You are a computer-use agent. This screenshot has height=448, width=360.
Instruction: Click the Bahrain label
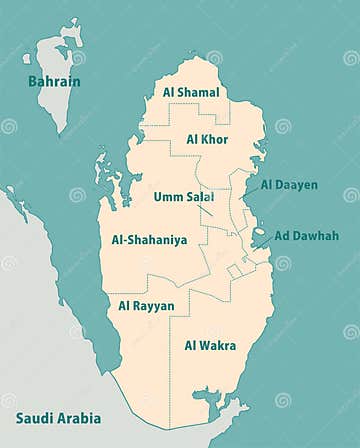[x=53, y=81]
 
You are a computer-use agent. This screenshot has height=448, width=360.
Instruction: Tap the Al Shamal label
[x=191, y=92]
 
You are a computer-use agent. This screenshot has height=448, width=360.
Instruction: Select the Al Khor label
[x=207, y=139]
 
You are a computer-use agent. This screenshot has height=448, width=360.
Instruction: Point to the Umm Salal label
[x=184, y=197]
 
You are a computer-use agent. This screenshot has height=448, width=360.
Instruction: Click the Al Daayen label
[x=290, y=185]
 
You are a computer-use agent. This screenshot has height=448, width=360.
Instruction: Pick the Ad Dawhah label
[x=307, y=236]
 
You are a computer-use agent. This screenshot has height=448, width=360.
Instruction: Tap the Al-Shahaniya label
[x=149, y=241]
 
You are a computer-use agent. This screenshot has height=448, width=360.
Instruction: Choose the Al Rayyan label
[x=146, y=306]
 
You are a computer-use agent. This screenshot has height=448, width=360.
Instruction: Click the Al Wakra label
[x=210, y=346]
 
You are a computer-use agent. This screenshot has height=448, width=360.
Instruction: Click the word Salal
[x=200, y=197]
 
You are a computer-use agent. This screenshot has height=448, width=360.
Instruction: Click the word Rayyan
[x=154, y=306]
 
